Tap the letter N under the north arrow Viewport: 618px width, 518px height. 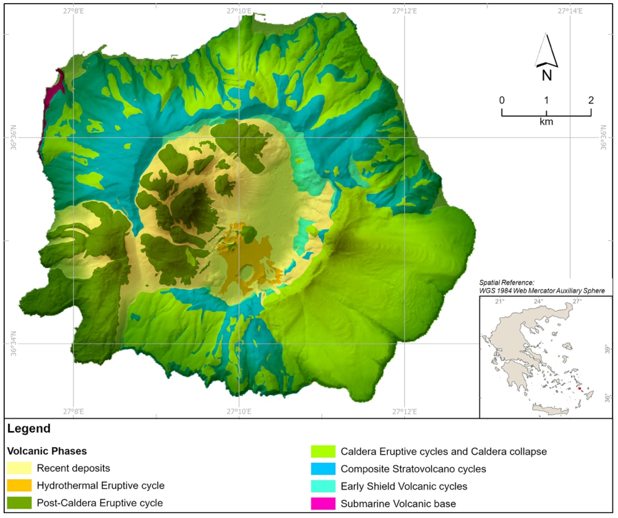547,76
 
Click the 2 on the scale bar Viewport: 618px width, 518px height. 591,100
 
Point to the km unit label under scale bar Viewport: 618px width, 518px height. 546,121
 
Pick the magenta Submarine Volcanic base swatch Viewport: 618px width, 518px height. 323,503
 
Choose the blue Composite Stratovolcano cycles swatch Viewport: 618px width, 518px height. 323,469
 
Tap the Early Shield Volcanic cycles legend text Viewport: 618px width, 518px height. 404,486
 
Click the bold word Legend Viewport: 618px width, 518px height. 29,429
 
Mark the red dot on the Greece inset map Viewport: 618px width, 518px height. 579,389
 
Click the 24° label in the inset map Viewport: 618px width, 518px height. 538,302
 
